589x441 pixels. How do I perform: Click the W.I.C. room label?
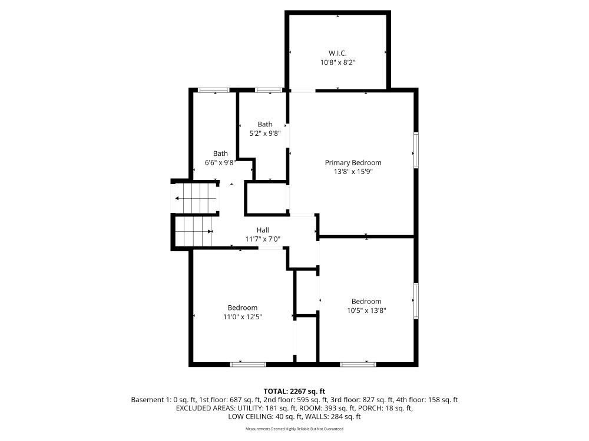[337, 54]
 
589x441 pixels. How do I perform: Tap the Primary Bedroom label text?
[353, 162]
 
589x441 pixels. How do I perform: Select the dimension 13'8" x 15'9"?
[353, 172]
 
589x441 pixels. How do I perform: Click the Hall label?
[263, 230]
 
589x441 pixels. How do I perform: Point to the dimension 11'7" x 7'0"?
[263, 239]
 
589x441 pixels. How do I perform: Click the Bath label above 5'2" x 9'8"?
[265, 124]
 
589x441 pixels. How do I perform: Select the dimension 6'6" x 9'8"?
[220, 162]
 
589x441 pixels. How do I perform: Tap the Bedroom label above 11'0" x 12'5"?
[242, 308]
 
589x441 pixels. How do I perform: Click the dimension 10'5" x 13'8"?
[366, 310]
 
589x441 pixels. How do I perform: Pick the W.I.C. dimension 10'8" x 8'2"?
[337, 63]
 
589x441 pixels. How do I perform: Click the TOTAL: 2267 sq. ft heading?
[294, 392]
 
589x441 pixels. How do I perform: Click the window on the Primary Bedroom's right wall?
[416, 150]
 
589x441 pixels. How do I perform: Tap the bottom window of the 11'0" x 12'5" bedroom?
[248, 364]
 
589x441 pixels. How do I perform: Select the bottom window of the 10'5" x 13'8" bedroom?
[358, 364]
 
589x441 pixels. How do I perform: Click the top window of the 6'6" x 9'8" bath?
[214, 90]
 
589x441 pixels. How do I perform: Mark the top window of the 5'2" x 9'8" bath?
[268, 90]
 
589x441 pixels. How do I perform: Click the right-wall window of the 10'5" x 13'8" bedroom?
[416, 301]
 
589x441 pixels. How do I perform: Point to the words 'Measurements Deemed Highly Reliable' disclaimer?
[279, 429]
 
